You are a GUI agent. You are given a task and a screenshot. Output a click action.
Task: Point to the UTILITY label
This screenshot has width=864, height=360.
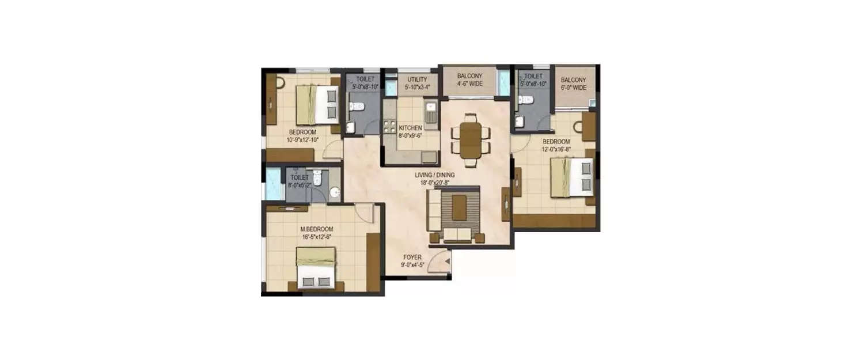(417, 79)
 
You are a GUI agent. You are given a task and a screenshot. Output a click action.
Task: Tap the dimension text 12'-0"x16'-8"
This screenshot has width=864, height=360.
(556, 149)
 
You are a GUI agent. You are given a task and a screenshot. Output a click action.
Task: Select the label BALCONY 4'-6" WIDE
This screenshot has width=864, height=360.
(469, 79)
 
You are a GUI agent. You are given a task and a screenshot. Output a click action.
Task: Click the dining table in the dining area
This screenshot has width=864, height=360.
(470, 140)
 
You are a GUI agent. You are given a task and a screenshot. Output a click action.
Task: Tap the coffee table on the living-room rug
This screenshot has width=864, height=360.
(459, 208)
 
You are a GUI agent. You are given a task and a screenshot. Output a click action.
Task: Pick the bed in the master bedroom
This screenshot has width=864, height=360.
(316, 268)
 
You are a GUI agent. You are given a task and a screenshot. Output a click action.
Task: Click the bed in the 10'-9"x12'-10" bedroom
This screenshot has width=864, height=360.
(317, 105)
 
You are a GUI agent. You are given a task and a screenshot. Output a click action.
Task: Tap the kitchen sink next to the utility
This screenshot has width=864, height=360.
(430, 110)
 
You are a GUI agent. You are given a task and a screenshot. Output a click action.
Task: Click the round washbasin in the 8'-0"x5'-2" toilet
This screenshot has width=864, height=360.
(335, 192)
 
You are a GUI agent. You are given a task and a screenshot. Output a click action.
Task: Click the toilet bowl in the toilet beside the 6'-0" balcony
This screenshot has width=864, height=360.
(526, 100)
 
